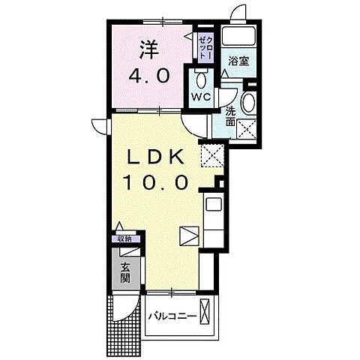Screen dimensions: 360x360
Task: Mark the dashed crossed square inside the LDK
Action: click(211, 157)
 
